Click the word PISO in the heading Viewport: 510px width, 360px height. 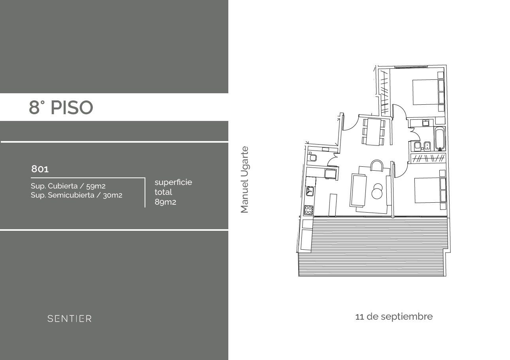(x=72, y=107)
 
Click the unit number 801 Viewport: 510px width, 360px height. (x=40, y=169)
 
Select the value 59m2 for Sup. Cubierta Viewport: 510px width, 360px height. (x=96, y=186)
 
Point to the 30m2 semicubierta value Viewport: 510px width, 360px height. (x=113, y=195)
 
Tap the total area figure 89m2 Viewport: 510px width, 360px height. (x=165, y=202)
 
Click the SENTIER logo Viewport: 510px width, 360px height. (x=70, y=319)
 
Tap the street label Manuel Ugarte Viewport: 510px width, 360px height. (x=245, y=180)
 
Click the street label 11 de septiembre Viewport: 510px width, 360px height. (x=394, y=317)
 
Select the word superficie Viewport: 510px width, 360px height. (x=173, y=182)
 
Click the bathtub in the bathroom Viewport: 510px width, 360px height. (x=439, y=139)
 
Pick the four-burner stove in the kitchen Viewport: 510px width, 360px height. (x=308, y=210)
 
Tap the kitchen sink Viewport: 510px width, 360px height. (x=310, y=191)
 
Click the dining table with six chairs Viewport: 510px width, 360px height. (x=374, y=132)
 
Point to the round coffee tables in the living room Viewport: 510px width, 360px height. (x=377, y=191)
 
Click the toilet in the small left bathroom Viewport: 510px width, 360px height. (x=313, y=157)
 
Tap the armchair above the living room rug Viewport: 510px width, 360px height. (x=376, y=165)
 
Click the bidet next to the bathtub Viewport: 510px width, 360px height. (x=427, y=146)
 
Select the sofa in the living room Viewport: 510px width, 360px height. (x=358, y=190)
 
